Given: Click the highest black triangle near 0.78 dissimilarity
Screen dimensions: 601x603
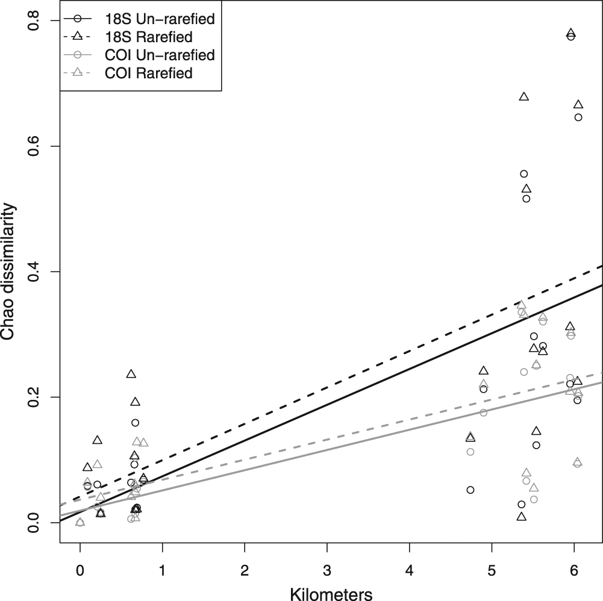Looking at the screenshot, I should tap(571, 33).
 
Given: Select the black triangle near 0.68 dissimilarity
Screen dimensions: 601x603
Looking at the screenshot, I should tap(524, 96).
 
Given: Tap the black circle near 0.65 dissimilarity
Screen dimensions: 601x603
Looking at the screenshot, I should tap(578, 117).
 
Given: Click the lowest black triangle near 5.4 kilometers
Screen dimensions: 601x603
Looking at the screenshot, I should tap(522, 517).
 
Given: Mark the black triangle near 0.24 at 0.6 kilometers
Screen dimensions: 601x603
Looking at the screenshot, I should tap(131, 374).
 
